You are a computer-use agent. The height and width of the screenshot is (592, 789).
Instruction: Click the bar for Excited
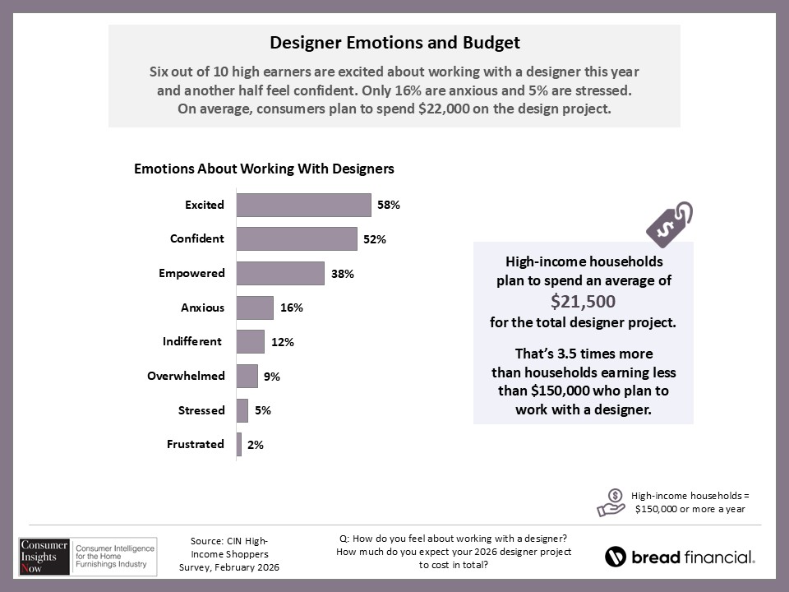(x=303, y=205)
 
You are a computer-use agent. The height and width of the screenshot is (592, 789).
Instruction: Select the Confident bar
(x=297, y=238)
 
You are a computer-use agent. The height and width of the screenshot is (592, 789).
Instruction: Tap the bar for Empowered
(x=280, y=273)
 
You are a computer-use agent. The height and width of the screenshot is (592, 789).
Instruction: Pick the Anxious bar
(x=255, y=308)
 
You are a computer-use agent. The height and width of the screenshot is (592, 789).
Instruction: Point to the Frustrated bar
(x=239, y=444)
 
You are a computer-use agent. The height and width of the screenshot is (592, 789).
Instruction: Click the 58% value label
(x=389, y=205)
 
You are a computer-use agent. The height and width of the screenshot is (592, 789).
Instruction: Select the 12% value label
(x=283, y=342)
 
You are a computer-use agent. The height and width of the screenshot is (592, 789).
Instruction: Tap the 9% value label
(x=272, y=377)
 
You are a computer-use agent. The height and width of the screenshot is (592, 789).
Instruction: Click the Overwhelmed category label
(x=186, y=376)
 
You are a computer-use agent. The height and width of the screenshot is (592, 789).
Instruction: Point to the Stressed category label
(x=201, y=409)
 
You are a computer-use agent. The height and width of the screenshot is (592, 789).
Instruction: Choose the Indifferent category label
(x=192, y=341)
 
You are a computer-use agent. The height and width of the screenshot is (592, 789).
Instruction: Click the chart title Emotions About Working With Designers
(x=264, y=169)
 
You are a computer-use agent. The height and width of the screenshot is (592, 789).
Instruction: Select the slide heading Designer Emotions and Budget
(x=394, y=42)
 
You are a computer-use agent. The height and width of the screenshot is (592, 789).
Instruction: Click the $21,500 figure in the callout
(x=583, y=301)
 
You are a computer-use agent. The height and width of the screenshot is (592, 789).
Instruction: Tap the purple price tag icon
(x=669, y=223)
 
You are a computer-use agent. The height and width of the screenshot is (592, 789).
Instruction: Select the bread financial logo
(x=680, y=557)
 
